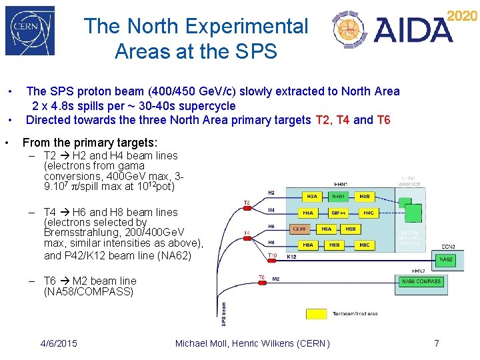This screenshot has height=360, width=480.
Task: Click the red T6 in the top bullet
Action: [x=383, y=120]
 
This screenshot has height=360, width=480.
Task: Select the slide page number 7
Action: [x=437, y=343]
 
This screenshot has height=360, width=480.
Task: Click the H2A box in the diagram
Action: [x=311, y=197]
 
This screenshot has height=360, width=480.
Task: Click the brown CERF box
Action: [x=302, y=229]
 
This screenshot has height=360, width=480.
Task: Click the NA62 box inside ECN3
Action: [x=445, y=259]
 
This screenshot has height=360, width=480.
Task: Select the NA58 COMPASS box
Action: [x=421, y=281]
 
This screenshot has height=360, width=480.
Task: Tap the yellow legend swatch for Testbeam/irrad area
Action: [x=316, y=313]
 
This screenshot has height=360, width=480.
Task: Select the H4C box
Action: [x=368, y=213]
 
